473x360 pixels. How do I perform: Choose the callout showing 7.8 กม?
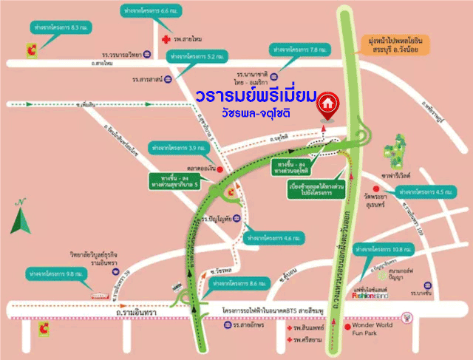tap(297, 50)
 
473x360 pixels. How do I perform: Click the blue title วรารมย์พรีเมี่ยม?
tap(257, 97)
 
